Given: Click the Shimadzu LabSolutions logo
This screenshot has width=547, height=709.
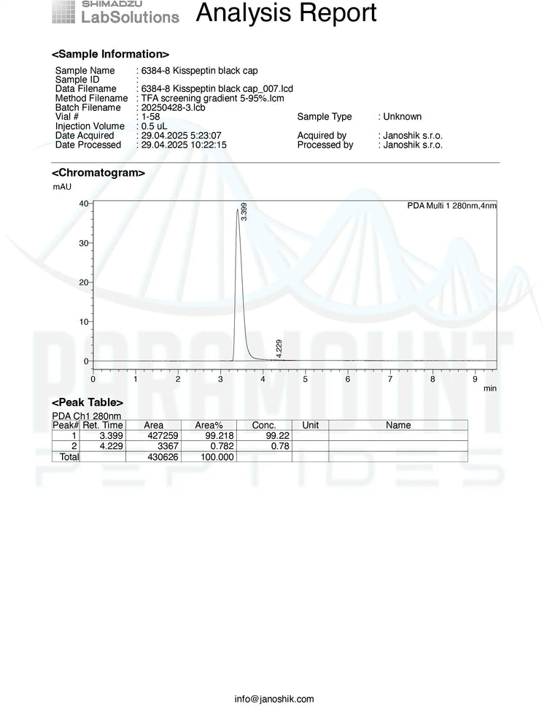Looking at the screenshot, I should click(116, 12).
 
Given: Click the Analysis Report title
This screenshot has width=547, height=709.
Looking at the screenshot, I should click(287, 13).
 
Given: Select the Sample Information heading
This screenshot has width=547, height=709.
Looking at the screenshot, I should click(110, 54).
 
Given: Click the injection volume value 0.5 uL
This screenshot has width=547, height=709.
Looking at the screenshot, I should click(156, 126).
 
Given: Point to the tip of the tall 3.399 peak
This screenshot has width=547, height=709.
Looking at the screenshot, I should click(237, 210).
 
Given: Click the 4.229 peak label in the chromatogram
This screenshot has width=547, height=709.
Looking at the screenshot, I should click(279, 348).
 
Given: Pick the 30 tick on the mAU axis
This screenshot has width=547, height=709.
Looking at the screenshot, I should click(83, 242).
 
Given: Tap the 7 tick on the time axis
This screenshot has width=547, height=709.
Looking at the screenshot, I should click(390, 380).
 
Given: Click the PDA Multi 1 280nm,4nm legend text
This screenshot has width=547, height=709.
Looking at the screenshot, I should click(451, 206).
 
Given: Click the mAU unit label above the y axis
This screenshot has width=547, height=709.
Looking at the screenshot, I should click(62, 187).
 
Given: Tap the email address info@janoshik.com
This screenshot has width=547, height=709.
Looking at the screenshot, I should click(274, 699).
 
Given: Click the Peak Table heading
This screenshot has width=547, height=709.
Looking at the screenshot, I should click(88, 402).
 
